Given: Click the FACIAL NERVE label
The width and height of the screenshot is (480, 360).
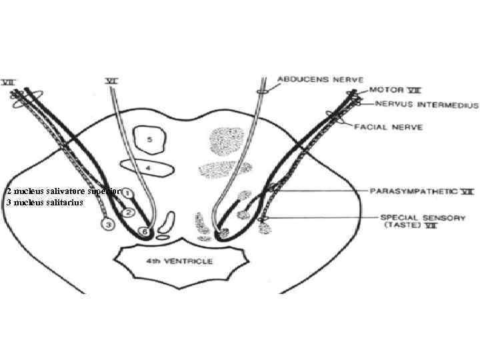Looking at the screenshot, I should tap(397, 127).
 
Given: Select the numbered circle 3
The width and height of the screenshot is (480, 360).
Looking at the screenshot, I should tap(109, 224).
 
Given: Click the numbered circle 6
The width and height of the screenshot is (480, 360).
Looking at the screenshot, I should tap(144, 231).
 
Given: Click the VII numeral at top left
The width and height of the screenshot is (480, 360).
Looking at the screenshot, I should tap(10, 82).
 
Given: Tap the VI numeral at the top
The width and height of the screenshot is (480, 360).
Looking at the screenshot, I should tap(112, 81).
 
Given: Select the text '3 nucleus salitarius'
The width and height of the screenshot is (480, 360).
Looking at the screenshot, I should tap(44, 201).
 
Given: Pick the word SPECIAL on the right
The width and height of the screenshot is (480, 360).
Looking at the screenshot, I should tap(400, 217).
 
